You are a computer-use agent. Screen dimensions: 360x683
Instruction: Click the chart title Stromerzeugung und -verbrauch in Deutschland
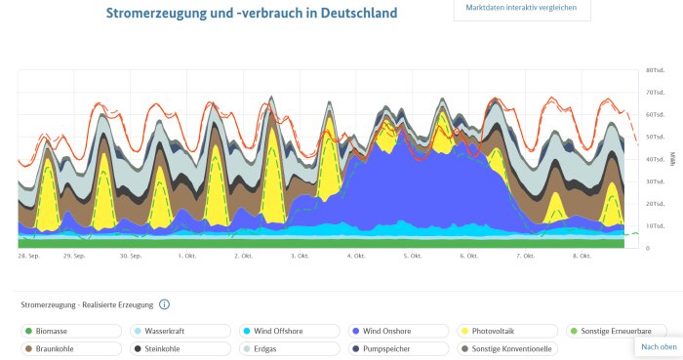252,14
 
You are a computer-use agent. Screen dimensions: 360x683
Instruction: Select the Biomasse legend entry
60,331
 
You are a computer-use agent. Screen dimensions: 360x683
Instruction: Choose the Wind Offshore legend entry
279,331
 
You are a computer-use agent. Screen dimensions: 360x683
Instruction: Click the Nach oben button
659,346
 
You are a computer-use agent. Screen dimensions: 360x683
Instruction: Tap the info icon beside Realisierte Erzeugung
164,304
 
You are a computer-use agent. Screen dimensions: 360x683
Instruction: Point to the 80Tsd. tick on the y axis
655,71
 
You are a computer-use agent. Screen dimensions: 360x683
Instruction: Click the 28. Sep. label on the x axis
28,256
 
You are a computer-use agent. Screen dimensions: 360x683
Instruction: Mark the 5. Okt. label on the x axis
412,256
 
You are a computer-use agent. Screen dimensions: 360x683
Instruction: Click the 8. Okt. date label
582,256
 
